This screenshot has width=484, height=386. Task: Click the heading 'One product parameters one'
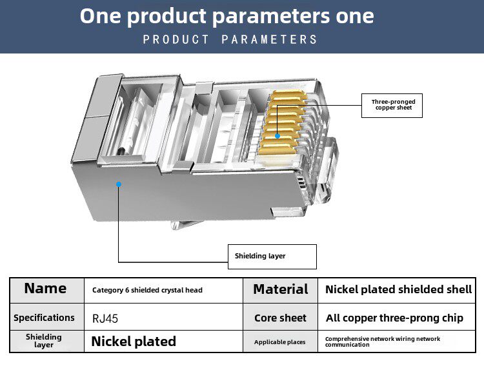(x=227, y=16)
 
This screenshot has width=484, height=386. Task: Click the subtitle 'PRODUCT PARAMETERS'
(x=230, y=40)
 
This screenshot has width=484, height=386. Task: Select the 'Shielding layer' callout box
(x=272, y=256)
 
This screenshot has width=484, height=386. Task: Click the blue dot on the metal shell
(x=118, y=184)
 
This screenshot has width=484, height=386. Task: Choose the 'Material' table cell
(x=280, y=289)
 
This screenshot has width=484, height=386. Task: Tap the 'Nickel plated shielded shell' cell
(x=398, y=289)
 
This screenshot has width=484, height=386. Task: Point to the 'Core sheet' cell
(x=280, y=318)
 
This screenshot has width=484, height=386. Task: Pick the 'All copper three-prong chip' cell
(x=394, y=318)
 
